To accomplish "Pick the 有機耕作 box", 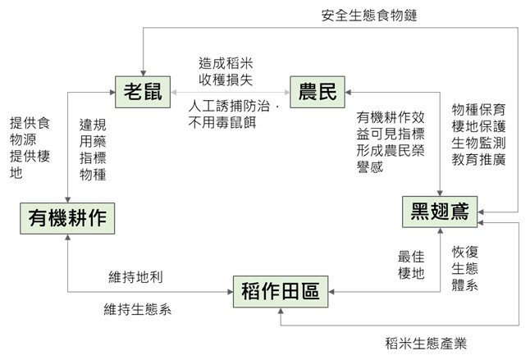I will click(x=67, y=219).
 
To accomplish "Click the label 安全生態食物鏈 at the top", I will click(x=370, y=15).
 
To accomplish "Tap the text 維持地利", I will click(x=135, y=277).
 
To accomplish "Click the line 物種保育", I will click(x=478, y=108).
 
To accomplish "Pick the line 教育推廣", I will click(x=478, y=160).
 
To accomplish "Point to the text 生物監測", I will click(x=478, y=143).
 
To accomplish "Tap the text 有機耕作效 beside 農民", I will click(x=390, y=117).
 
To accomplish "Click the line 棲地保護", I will click(x=478, y=125).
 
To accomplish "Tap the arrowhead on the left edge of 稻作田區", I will click(x=231, y=290).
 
